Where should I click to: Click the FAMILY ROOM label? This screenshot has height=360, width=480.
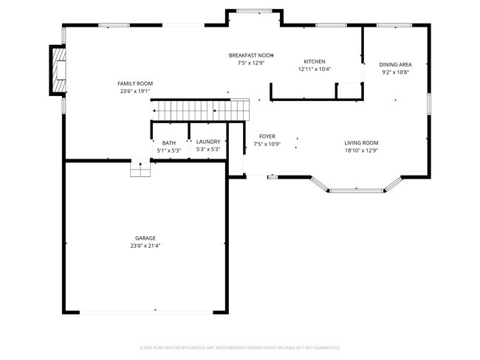(135, 83)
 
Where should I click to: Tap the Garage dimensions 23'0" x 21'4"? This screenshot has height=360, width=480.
(145, 246)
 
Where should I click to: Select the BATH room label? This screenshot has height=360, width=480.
(169, 143)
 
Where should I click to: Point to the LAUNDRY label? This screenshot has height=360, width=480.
(208, 142)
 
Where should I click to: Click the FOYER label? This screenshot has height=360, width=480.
(267, 136)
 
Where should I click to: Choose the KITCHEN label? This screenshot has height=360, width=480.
(315, 61)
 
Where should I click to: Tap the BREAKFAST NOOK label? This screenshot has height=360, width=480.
(251, 55)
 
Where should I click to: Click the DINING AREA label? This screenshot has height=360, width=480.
(395, 64)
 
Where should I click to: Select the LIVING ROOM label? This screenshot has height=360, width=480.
(361, 142)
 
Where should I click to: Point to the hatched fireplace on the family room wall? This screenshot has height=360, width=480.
(58, 70)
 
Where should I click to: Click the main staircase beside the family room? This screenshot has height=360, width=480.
(200, 111)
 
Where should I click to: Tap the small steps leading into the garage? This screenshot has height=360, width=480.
(140, 169)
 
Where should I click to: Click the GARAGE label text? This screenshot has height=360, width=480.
(145, 238)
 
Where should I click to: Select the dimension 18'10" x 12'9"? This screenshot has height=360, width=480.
(361, 150)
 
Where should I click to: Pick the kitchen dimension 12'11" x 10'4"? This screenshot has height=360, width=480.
(315, 69)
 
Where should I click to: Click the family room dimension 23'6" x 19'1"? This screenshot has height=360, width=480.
(135, 91)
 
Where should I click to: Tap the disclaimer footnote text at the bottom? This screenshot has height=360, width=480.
(239, 347)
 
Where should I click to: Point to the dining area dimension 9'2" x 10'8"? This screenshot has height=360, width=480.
(395, 72)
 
